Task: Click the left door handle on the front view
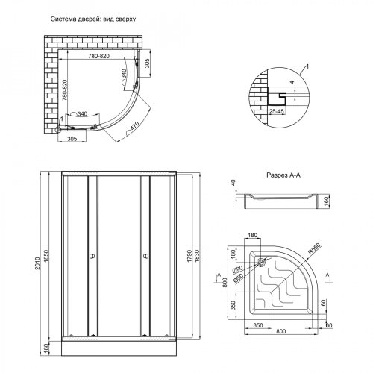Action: click(x=90, y=257)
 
